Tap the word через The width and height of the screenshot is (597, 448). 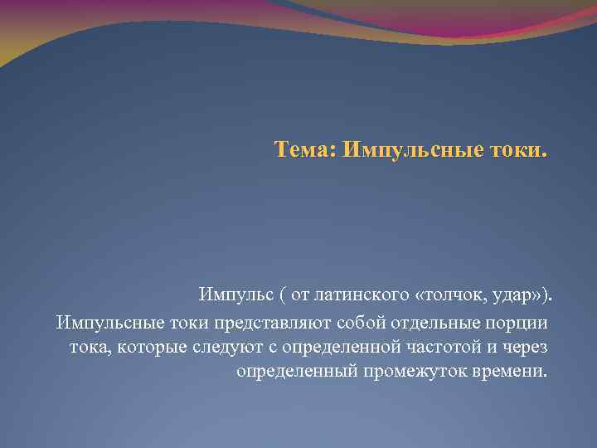pyautogui.click(x=524, y=345)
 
